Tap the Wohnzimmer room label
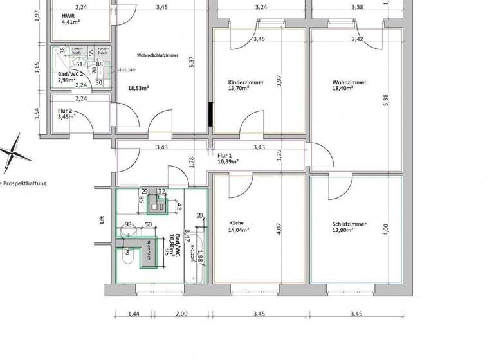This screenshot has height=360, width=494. (349, 83)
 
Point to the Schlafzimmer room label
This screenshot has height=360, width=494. (349, 224)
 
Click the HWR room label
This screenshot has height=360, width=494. (68, 15)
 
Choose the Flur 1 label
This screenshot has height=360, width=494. (224, 156)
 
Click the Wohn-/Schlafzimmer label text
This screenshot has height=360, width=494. (158, 55)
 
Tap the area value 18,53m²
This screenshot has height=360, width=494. (138, 88)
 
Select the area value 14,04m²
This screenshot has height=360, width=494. (239, 230)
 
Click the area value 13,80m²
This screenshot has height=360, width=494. (346, 231)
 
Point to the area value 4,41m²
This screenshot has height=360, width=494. (69, 21)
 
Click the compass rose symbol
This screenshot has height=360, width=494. (14, 153)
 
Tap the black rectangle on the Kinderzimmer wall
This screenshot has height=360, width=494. (210, 113)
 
